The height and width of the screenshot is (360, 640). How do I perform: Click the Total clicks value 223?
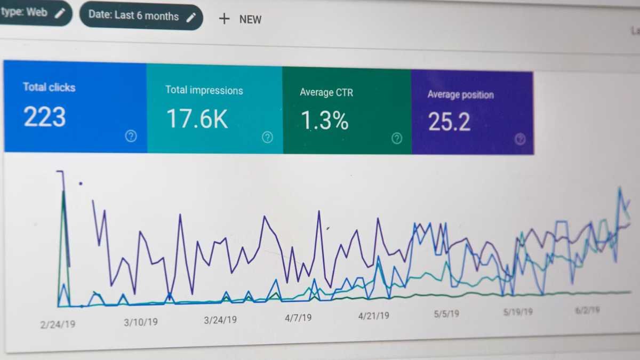[45, 117]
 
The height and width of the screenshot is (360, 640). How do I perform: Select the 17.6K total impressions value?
[197, 118]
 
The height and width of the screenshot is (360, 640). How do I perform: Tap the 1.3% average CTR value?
[324, 121]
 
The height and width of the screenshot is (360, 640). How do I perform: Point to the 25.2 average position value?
[449, 122]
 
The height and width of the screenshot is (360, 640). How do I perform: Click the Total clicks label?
[49, 87]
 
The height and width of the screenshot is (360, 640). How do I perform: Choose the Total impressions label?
[204, 90]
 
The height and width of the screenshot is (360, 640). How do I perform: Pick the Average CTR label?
[326, 92]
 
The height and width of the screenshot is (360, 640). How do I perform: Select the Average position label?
[460, 95]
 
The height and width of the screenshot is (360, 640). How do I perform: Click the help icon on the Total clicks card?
[131, 136]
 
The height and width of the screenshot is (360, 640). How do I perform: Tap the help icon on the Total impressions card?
[267, 138]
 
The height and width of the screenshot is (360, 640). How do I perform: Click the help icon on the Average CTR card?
[397, 139]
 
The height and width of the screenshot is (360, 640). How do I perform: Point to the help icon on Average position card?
[520, 140]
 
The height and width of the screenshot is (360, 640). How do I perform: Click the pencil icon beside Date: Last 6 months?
[191, 17]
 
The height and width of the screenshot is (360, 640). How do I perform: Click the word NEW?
[250, 20]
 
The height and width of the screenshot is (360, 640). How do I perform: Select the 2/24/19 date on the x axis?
[58, 324]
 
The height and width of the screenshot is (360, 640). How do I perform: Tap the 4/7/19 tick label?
[298, 318]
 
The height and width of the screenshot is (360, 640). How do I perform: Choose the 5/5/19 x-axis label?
[446, 314]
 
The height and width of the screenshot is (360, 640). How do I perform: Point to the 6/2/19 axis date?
[587, 310]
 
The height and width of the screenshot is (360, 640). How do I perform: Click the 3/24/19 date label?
[220, 320]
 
